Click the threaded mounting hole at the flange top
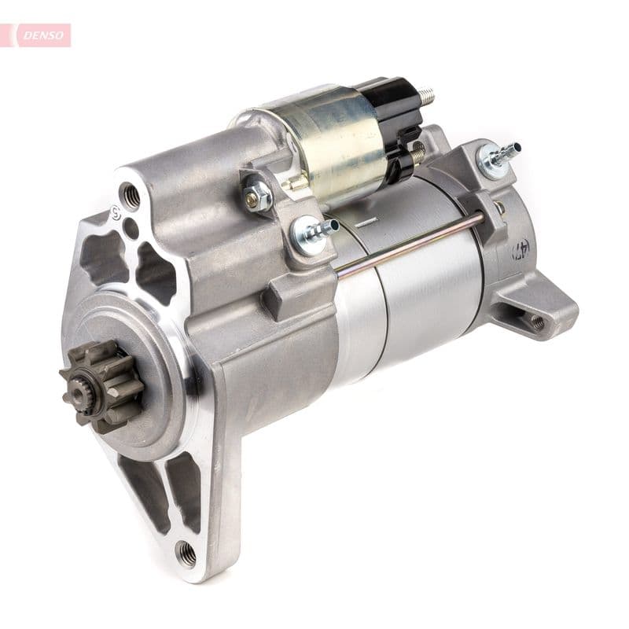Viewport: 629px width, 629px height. tap(130, 195)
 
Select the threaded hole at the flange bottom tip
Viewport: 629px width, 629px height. tap(187, 554)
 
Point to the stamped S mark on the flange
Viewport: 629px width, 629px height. tap(116, 212)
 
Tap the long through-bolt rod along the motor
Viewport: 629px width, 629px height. tap(409, 245)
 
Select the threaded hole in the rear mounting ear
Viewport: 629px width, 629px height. tap(537, 322)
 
